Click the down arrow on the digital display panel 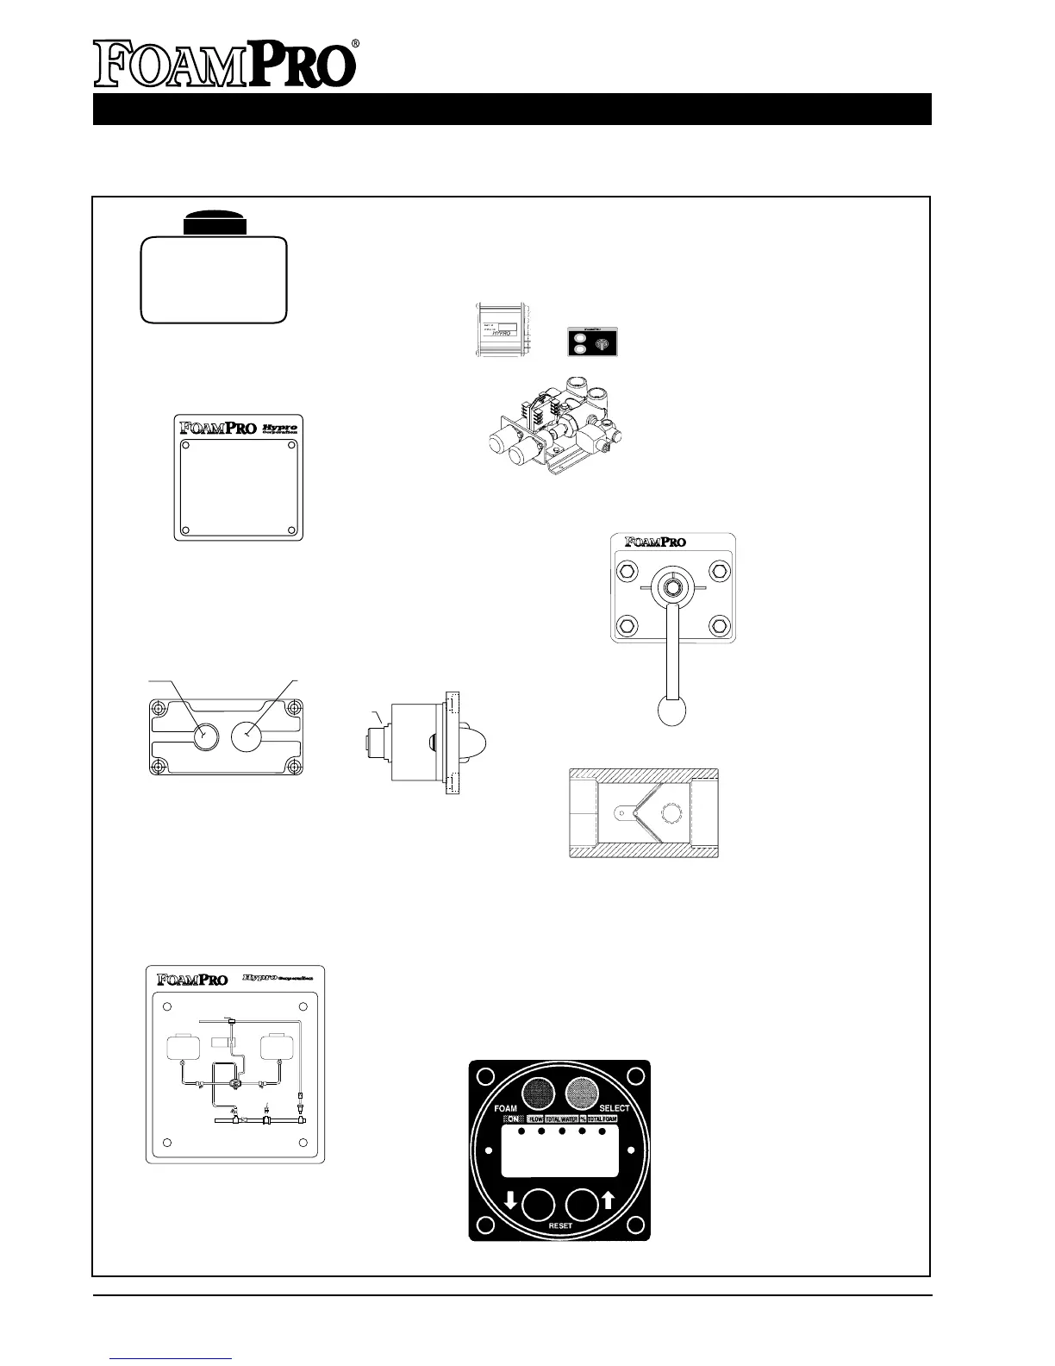[510, 1200]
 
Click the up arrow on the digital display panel [608, 1200]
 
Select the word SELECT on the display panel [615, 1108]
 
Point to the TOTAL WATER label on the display [561, 1118]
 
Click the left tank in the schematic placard [182, 1047]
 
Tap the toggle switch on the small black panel [602, 342]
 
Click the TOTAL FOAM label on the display [602, 1118]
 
